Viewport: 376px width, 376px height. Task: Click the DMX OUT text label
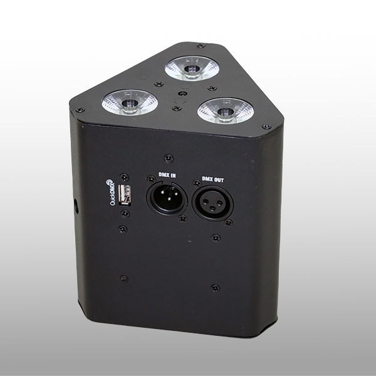coord(213,178)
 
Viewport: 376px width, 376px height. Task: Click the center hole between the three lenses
coord(182,92)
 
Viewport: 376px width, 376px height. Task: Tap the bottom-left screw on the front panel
coord(123,278)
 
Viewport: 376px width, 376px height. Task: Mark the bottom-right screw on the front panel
coord(216,288)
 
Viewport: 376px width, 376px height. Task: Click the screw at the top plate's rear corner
coord(200,46)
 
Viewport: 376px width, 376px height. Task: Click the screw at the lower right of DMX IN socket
coord(182,219)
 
